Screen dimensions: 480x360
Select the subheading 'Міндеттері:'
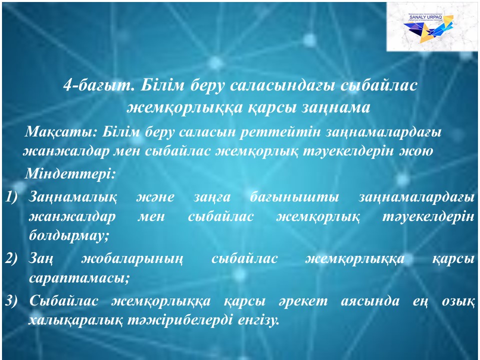[70, 173]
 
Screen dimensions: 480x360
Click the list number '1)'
[11, 197]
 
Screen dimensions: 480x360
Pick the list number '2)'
[11, 258]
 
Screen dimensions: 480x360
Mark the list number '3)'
[11, 301]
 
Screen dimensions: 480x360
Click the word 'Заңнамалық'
[73, 197]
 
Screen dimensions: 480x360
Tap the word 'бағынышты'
[294, 197]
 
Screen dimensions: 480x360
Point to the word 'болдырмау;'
[69, 235]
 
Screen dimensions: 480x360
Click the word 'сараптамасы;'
[79, 278]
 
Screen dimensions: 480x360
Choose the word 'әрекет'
[303, 301]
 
